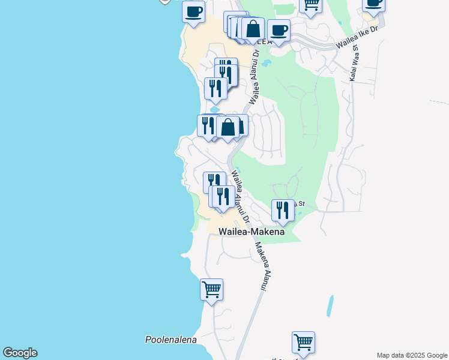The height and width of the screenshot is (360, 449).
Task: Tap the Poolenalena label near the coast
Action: point(171,340)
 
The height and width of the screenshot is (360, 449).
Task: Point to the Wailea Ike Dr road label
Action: point(358,37)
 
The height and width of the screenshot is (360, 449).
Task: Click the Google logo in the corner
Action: point(20,353)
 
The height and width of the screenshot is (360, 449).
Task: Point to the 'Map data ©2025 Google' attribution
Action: point(412,355)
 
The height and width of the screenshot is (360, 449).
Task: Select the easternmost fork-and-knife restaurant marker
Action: point(283,210)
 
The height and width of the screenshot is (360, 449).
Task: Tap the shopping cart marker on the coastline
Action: point(211,289)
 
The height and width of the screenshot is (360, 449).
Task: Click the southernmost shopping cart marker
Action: point(304,342)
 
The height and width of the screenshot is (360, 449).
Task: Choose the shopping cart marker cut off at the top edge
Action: point(311,4)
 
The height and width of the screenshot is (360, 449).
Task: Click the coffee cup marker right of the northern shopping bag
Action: point(279,29)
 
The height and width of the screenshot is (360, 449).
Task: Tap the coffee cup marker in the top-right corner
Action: point(373,3)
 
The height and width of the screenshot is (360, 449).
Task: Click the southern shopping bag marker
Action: point(228,127)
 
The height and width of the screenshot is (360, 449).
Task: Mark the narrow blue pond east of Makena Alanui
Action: point(330,306)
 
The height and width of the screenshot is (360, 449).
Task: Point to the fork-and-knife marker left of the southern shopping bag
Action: point(208,125)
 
